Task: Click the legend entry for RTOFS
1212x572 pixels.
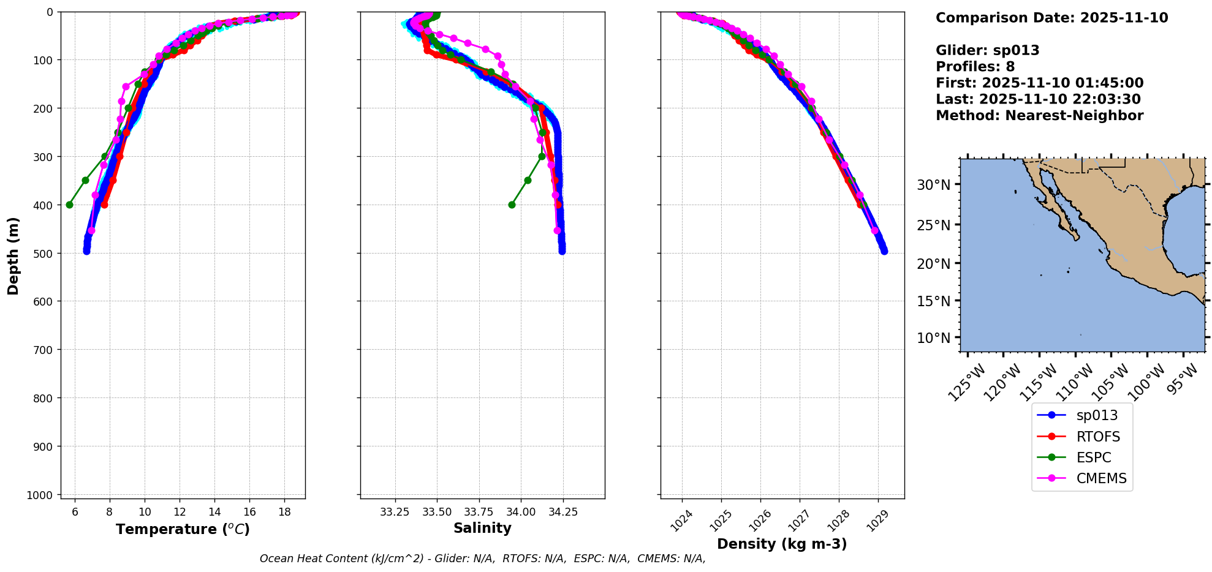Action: coord(1097,437)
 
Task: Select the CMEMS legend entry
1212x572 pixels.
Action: coord(1101,478)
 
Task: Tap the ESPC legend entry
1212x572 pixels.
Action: coord(1093,457)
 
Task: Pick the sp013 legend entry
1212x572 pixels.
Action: coord(1097,415)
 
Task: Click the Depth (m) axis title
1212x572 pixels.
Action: coord(13,255)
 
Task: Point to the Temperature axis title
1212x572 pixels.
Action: coord(183,529)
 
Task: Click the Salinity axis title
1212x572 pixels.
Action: coord(482,528)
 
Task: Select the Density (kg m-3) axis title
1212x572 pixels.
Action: coord(782,544)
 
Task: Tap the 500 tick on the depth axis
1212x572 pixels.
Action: coord(45,253)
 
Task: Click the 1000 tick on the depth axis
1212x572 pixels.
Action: coord(42,495)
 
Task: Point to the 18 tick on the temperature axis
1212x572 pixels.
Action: coord(284,512)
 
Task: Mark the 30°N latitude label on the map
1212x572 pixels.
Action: coord(934,185)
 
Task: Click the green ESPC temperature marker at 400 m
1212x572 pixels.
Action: coord(69,205)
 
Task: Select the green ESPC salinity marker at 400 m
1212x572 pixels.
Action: coord(512,205)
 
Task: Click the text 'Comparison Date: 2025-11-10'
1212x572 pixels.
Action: coord(1051,18)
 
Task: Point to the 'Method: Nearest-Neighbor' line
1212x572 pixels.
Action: coord(1039,116)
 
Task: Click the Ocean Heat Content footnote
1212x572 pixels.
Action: coord(482,559)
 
